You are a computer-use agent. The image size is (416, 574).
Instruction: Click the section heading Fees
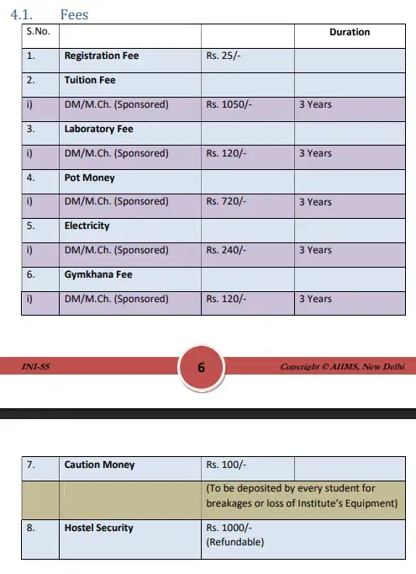tap(74, 14)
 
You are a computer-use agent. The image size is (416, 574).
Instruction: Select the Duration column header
tap(349, 32)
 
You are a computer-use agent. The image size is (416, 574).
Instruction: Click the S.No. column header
tap(38, 31)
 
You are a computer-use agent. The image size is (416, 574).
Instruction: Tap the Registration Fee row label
tap(101, 56)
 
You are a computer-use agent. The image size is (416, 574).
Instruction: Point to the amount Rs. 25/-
tap(224, 56)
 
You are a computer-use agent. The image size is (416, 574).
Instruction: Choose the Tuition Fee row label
tap(90, 80)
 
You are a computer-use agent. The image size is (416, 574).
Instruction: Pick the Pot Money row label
tap(89, 178)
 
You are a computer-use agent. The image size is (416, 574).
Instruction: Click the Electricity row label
tap(87, 226)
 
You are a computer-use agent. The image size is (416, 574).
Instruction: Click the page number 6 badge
tap(201, 368)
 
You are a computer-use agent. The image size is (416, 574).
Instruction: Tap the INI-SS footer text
tap(34, 367)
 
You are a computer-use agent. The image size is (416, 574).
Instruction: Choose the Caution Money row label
tap(99, 465)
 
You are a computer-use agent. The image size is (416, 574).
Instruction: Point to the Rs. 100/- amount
tap(226, 465)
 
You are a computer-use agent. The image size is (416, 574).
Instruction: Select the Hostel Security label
tap(98, 528)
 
